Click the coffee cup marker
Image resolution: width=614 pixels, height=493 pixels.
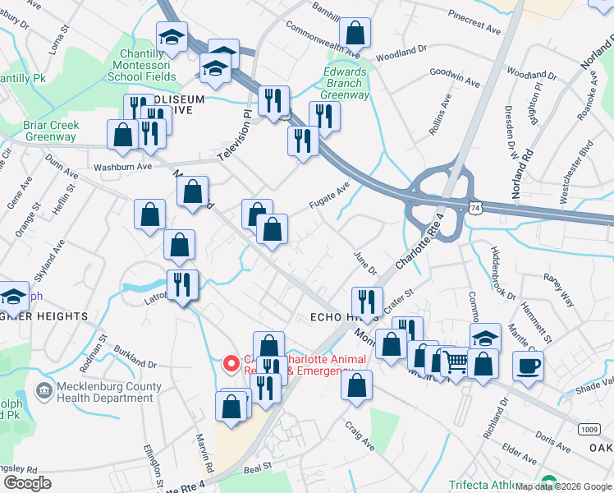[x=528, y=366]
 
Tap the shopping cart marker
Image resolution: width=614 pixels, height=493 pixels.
[x=456, y=361]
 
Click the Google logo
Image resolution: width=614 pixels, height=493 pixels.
[x=27, y=482]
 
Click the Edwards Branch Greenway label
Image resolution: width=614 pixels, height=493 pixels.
[x=345, y=83]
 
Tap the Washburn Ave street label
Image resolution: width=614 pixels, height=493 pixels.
[x=123, y=166]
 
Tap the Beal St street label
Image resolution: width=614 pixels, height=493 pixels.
[x=257, y=465]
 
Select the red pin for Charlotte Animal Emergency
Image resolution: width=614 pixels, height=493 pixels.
[x=231, y=362]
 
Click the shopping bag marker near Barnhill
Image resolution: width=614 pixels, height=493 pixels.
[x=355, y=34]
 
